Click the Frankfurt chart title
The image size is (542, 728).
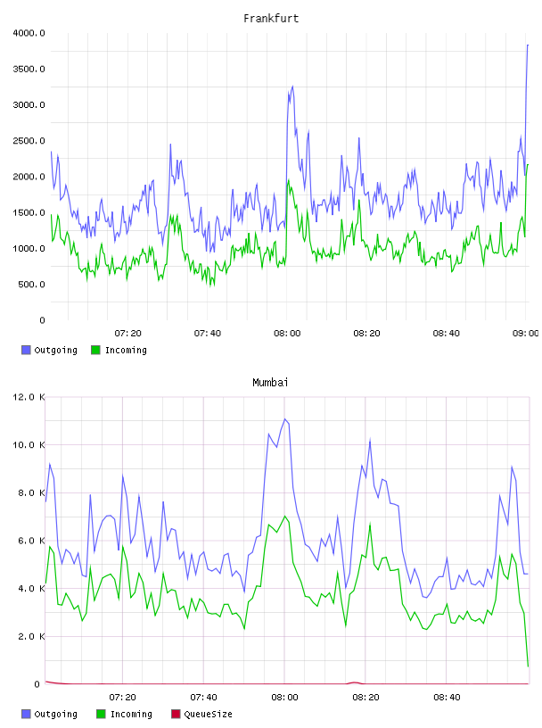point(271,18)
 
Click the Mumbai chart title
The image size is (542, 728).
point(270,382)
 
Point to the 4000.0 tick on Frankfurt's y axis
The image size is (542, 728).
point(29,33)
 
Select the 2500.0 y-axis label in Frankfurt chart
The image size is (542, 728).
point(29,141)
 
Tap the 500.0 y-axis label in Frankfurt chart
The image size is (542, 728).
point(31,284)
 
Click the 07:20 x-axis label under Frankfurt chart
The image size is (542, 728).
point(127,333)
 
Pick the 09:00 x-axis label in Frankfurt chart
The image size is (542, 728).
point(526,333)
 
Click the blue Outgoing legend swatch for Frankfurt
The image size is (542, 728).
point(26,350)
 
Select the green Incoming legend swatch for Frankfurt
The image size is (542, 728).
point(95,350)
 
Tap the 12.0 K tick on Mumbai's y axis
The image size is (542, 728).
point(29,397)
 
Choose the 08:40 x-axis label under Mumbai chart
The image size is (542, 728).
point(447,697)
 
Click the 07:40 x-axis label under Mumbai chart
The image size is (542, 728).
point(203,697)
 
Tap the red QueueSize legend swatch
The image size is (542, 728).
point(176,714)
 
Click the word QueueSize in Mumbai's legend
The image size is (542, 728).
point(208,714)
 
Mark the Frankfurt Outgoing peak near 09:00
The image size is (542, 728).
point(528,45)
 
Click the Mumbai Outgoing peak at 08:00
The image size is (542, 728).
point(285,418)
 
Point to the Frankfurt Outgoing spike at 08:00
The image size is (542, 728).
point(292,87)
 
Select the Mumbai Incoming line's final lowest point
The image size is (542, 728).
point(528,666)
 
